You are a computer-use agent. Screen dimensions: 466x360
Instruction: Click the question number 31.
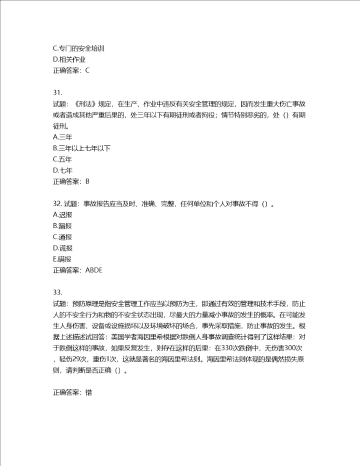[x=56, y=92]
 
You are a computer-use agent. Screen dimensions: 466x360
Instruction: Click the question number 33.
[x=56, y=292]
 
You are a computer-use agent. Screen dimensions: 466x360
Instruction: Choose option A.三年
[x=62, y=136]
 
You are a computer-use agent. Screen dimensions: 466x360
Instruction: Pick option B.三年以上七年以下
[x=81, y=148]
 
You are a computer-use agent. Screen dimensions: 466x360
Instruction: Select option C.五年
[x=62, y=159]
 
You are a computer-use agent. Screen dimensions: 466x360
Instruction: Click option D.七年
[x=62, y=170]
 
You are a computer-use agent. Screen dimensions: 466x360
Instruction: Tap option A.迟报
[x=62, y=214]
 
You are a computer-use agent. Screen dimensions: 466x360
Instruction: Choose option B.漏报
[x=62, y=226]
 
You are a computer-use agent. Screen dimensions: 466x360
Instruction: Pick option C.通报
[x=62, y=237]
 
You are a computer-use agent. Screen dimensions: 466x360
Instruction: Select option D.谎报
[x=62, y=248]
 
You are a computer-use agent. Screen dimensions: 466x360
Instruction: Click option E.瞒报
[x=62, y=259]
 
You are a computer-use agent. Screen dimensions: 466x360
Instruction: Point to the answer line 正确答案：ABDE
[x=77, y=270]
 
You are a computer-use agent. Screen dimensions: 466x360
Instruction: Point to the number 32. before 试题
[x=56, y=203]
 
